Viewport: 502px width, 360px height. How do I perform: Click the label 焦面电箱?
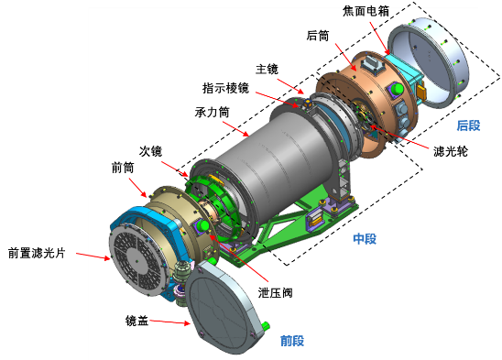(366, 11)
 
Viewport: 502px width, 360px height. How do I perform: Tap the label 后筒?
(318, 36)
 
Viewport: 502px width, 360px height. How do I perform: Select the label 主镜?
(267, 70)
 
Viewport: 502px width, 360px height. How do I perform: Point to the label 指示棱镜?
(225, 88)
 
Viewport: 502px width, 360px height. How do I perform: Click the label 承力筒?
(212, 112)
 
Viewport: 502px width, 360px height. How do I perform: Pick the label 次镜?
(150, 151)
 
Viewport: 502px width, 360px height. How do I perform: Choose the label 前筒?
(123, 168)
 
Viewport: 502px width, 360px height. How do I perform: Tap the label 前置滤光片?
(37, 253)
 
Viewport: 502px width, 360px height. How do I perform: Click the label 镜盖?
(136, 321)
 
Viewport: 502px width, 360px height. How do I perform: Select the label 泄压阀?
(276, 293)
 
